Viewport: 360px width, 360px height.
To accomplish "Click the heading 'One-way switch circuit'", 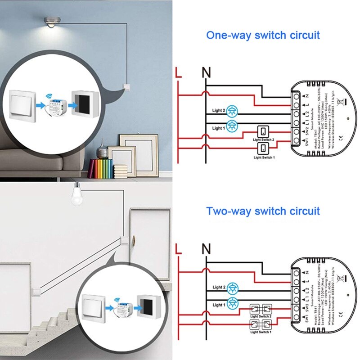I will (263, 36).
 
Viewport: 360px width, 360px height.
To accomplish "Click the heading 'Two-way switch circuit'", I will (263, 211).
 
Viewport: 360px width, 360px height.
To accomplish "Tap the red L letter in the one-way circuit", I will (178, 72).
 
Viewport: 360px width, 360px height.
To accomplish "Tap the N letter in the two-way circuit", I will (206, 248).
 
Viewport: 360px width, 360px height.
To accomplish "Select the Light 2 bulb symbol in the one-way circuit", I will (233, 110).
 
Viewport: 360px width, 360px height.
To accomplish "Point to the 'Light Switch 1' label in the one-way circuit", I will (264, 157).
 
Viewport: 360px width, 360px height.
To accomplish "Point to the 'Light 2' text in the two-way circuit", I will (219, 287).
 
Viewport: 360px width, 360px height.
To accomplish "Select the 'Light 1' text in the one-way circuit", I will (219, 128).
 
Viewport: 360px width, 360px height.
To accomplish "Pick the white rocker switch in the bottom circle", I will (94, 307).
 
